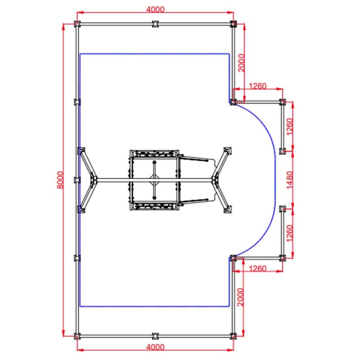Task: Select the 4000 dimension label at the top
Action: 155,9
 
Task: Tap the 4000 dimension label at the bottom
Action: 155,347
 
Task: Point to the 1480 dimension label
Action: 290,180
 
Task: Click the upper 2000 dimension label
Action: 241,63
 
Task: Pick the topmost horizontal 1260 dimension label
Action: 257,85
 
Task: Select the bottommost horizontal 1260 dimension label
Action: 257,269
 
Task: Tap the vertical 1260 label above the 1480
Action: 290,127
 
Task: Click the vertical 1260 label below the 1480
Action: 290,233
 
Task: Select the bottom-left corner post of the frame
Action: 77,336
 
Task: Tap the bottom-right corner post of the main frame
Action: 233,336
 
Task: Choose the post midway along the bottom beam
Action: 155,336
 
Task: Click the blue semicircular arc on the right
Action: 274,180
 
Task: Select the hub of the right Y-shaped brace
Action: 216,180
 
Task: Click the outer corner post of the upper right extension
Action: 282,102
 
